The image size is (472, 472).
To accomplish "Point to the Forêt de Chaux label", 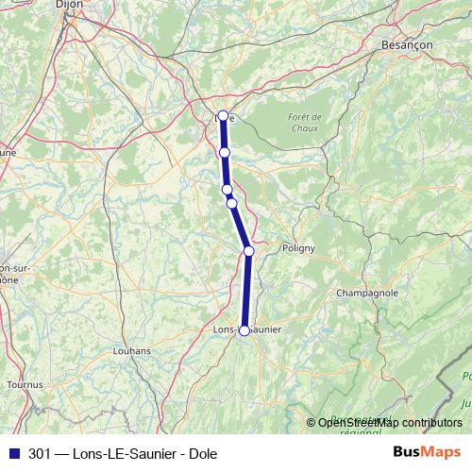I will [303, 122].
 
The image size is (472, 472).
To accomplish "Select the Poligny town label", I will [297, 248].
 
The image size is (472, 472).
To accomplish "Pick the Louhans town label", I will [131, 350].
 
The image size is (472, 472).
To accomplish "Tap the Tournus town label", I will [25, 385].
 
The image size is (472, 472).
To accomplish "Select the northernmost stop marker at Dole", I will [224, 116].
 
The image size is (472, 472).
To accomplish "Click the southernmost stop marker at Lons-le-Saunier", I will [244, 330].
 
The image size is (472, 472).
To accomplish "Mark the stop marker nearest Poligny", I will [248, 250].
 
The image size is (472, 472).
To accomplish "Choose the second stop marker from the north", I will [225, 152].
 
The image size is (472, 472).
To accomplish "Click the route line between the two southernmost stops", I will [246, 291].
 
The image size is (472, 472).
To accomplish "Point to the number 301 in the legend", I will [40, 452].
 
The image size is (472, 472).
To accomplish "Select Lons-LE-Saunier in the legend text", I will [126, 452].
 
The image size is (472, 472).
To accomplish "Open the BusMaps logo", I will [426, 452].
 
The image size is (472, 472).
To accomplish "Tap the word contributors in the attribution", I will [431, 422].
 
